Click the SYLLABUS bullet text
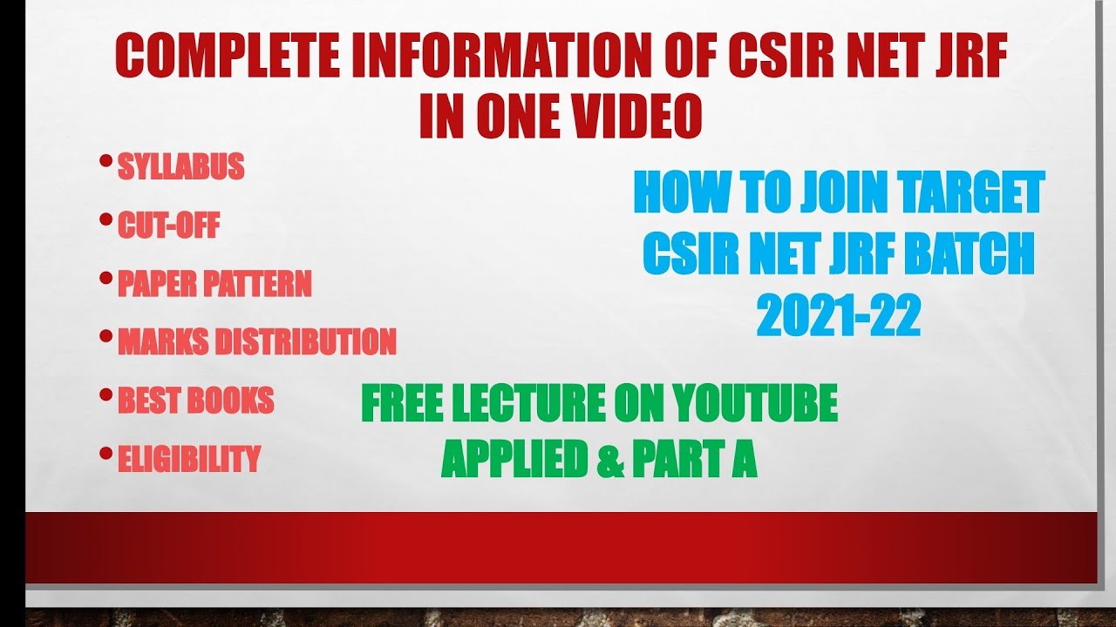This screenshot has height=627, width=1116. point(180,166)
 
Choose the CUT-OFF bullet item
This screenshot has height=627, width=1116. point(168,226)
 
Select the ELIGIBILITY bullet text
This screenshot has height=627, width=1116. point(189,459)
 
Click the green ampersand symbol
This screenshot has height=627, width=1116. point(609,459)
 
